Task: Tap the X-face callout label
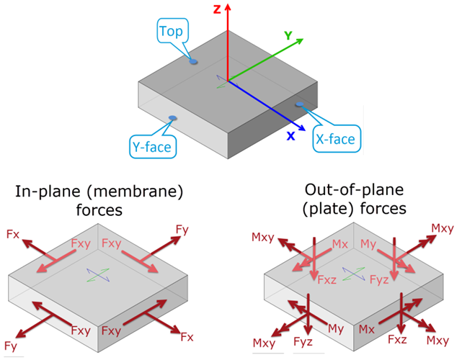point(334,138)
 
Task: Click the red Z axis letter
point(216,8)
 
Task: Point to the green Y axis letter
point(288,35)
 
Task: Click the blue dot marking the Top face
point(193,62)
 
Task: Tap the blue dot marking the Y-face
point(172,118)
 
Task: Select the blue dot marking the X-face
point(297,105)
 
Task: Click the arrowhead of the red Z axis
point(228,6)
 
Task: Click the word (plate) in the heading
point(320,210)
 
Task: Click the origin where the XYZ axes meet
point(228,81)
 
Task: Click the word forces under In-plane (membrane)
point(97,210)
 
